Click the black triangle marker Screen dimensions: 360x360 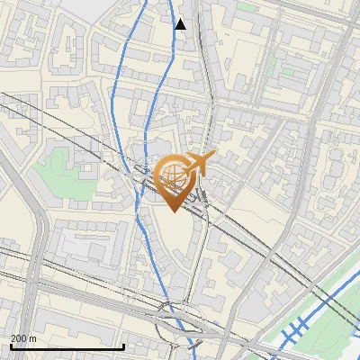181,24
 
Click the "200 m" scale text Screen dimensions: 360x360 23,337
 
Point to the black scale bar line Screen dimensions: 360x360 67,346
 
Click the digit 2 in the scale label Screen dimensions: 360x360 13,337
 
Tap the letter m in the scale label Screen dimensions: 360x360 33,337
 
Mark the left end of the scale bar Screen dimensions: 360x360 11,346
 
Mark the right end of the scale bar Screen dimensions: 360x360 124,346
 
